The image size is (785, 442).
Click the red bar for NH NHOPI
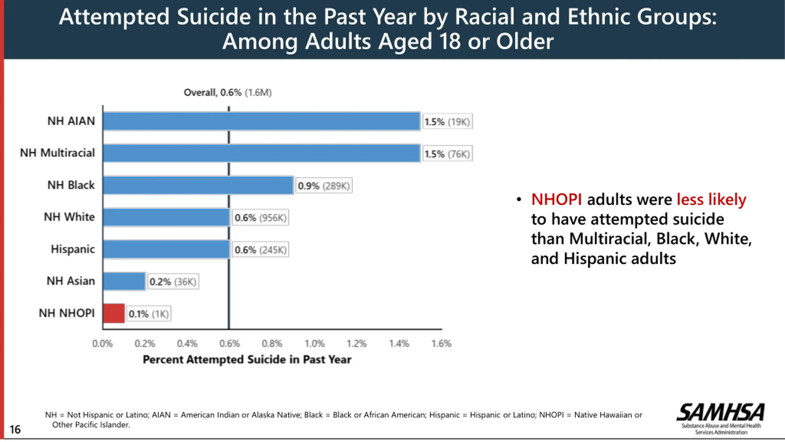[x=114, y=313]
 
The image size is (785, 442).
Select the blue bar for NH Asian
[x=124, y=281]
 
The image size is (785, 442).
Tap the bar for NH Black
[x=198, y=185]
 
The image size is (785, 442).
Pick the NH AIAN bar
[x=262, y=121]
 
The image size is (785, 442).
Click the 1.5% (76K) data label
[x=447, y=154]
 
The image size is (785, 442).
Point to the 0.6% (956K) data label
[x=260, y=218]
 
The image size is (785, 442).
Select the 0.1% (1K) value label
[x=149, y=314]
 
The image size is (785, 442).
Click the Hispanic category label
[x=73, y=249]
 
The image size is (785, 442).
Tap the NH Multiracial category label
[x=57, y=153]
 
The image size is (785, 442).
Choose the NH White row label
[x=69, y=217]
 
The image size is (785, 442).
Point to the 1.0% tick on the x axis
[x=315, y=343]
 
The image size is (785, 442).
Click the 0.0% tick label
[x=102, y=343]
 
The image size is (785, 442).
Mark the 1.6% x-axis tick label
[x=442, y=343]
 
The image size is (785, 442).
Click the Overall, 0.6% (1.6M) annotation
[x=228, y=92]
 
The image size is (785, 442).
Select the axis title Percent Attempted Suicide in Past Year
[x=247, y=359]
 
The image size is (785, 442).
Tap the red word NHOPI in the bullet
[x=556, y=200]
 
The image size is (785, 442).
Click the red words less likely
[x=711, y=200]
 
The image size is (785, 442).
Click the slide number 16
[x=15, y=429]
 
